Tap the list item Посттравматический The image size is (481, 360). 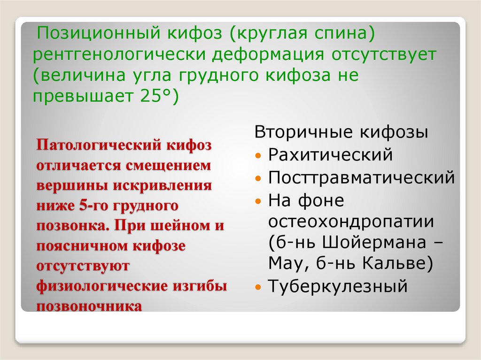361,178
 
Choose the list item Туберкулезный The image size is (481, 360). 338,286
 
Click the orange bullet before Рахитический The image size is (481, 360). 258,155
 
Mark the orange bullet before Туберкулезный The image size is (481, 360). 258,287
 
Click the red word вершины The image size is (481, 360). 71,185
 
